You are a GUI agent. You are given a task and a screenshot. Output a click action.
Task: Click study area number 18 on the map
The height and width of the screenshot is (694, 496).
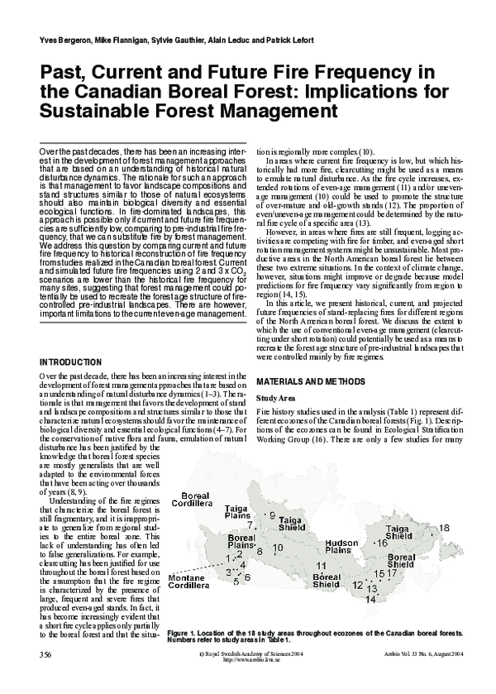(444, 528)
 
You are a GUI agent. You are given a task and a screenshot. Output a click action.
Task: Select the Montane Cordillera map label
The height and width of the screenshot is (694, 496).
(192, 604)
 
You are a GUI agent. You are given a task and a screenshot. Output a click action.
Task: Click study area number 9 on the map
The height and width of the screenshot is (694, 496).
(272, 515)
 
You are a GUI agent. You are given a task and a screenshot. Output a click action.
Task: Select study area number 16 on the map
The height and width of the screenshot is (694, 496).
(382, 543)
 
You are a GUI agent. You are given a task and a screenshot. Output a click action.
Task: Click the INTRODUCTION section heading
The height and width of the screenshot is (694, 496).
(70, 362)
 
